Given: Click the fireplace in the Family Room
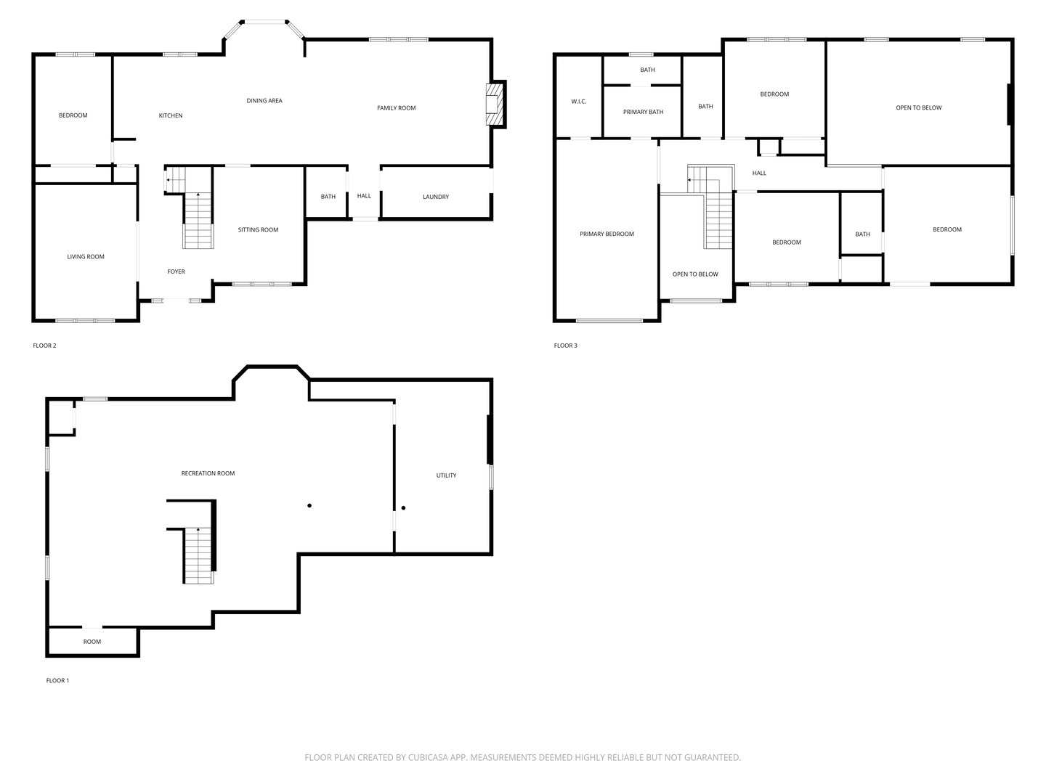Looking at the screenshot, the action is click(x=494, y=105).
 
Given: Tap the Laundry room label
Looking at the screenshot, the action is click(x=436, y=197).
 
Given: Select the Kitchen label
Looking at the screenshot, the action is click(x=171, y=115).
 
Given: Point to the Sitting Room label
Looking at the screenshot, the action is click(x=258, y=230).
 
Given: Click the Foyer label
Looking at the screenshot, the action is click(x=176, y=271).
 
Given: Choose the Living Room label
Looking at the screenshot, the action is click(x=85, y=256).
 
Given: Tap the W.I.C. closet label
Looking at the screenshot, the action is click(x=578, y=102).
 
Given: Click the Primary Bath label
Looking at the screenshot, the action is click(x=643, y=112).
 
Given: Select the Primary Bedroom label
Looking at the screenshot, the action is click(x=607, y=234).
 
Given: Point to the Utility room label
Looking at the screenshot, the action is click(x=446, y=475).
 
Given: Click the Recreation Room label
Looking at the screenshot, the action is click(x=208, y=473).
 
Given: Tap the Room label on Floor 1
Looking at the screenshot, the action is click(x=92, y=642).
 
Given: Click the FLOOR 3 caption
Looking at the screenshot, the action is click(x=565, y=346).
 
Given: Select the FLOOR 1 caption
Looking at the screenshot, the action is click(x=57, y=681).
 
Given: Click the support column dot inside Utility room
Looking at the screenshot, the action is click(x=403, y=508).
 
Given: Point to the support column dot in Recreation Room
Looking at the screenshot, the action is click(x=309, y=505).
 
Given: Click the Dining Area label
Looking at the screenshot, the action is click(x=264, y=100).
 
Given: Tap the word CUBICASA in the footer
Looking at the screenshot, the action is click(x=428, y=757).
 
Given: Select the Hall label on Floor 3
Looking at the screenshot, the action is click(x=759, y=173).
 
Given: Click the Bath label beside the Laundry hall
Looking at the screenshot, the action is click(x=328, y=197).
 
